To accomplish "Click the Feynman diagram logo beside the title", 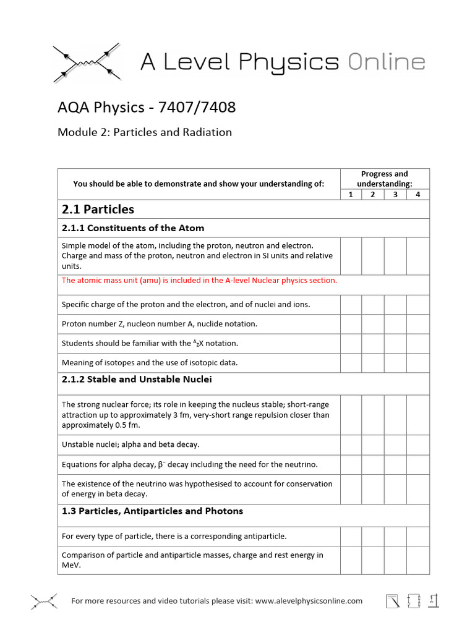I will click(x=87, y=62).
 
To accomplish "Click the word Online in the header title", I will click(x=386, y=62).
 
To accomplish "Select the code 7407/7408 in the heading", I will click(x=197, y=108).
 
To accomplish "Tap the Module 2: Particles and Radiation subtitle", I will click(x=144, y=132).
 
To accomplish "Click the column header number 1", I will click(x=351, y=195).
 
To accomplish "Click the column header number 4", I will click(x=418, y=195).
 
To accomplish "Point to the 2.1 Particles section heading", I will click(x=98, y=209).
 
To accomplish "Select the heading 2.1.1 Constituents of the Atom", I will click(x=132, y=228).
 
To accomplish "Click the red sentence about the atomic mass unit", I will click(x=199, y=280).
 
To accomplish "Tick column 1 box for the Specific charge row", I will click(x=351, y=305).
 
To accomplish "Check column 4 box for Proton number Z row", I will click(x=418, y=324).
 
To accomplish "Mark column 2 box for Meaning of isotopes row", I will click(x=373, y=363).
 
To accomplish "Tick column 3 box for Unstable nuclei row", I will click(x=395, y=445).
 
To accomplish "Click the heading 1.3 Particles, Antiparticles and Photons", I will click(x=152, y=511).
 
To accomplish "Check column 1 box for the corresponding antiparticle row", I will click(x=351, y=536).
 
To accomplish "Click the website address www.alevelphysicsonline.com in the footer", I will click(x=309, y=601).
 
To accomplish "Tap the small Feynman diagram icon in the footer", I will click(x=44, y=601).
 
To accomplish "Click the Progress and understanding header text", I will click(x=384, y=179).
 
